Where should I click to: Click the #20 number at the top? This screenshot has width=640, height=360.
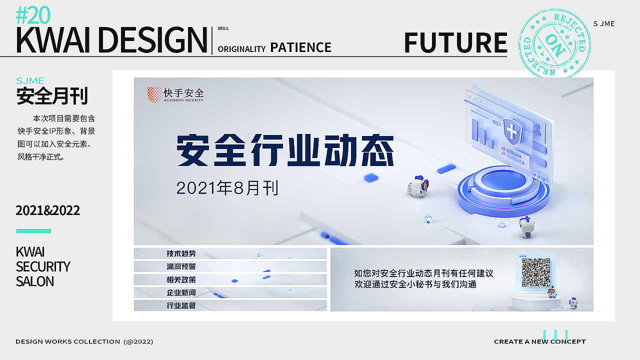pos(33,16)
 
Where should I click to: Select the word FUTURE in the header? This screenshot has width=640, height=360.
pos(455,42)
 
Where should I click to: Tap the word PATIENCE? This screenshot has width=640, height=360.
pos(300,47)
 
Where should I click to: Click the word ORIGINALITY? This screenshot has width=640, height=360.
pos(241,49)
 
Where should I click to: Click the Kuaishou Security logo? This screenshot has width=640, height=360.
pos(175,94)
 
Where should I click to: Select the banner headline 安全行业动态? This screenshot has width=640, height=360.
pos(285,150)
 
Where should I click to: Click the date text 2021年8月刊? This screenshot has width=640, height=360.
pos(227,188)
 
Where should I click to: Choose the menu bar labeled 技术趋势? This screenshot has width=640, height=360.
pos(230,253)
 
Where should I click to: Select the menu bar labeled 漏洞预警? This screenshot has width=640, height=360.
pos(230,266)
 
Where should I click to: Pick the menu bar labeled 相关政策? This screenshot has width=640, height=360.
pos(230,279)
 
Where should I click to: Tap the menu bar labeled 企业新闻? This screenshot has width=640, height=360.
pos(230,292)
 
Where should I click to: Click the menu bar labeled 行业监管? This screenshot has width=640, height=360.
pos(230,305)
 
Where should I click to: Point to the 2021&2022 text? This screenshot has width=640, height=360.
pos(47,210)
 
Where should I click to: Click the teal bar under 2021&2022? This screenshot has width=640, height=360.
pos(33,231)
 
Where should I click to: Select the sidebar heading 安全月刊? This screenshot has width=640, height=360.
pos(52,96)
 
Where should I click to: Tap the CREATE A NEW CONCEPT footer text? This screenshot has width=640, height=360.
pos(539,341)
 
